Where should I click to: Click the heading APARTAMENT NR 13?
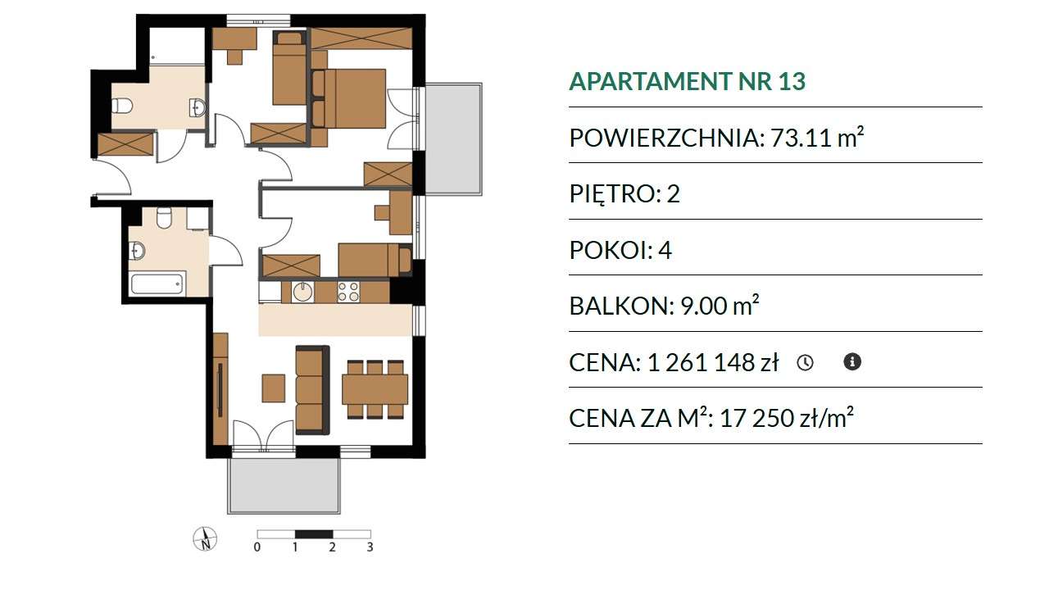pos(687,81)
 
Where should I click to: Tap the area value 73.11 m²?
pos(817,137)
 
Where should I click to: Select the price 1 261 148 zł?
pos(713,362)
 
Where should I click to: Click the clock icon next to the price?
pos(805,362)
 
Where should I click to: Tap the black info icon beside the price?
pos(852,362)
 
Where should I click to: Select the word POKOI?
pos(611,250)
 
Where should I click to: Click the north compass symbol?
pos(205,538)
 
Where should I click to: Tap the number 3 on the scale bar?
pos(370,547)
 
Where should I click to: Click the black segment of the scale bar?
pos(314,533)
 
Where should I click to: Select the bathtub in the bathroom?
pos(157,284)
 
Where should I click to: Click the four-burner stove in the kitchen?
pos(349,291)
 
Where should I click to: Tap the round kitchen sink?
pos(303,292)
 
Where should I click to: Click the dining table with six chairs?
pos(375,389)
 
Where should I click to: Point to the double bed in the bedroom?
pos(348,98)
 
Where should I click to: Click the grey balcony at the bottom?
pos(284,486)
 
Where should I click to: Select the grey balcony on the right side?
pos(453,138)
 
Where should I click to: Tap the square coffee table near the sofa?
pos(274,388)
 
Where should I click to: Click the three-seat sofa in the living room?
pos(312,390)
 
